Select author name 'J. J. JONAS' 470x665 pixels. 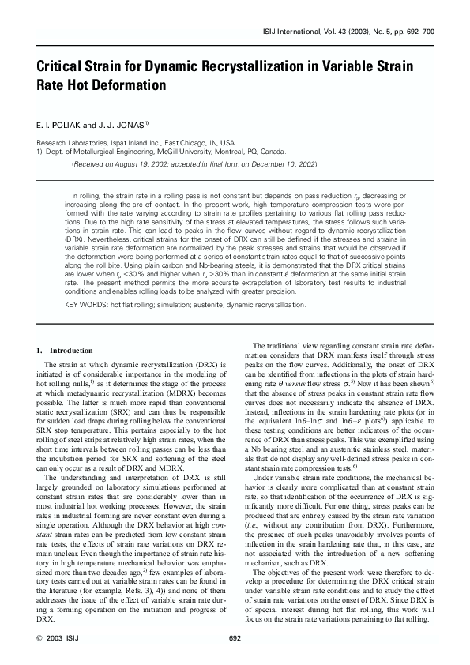click(118, 125)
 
